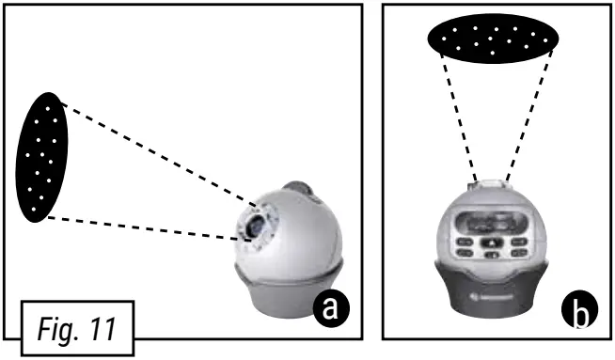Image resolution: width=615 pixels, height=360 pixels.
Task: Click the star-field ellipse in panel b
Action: coord(493,39)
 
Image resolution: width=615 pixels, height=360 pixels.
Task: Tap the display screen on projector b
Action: coord(493,223)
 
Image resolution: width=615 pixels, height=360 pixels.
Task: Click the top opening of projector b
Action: coord(493,184)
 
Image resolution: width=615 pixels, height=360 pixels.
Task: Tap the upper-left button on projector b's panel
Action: coord(465,241)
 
